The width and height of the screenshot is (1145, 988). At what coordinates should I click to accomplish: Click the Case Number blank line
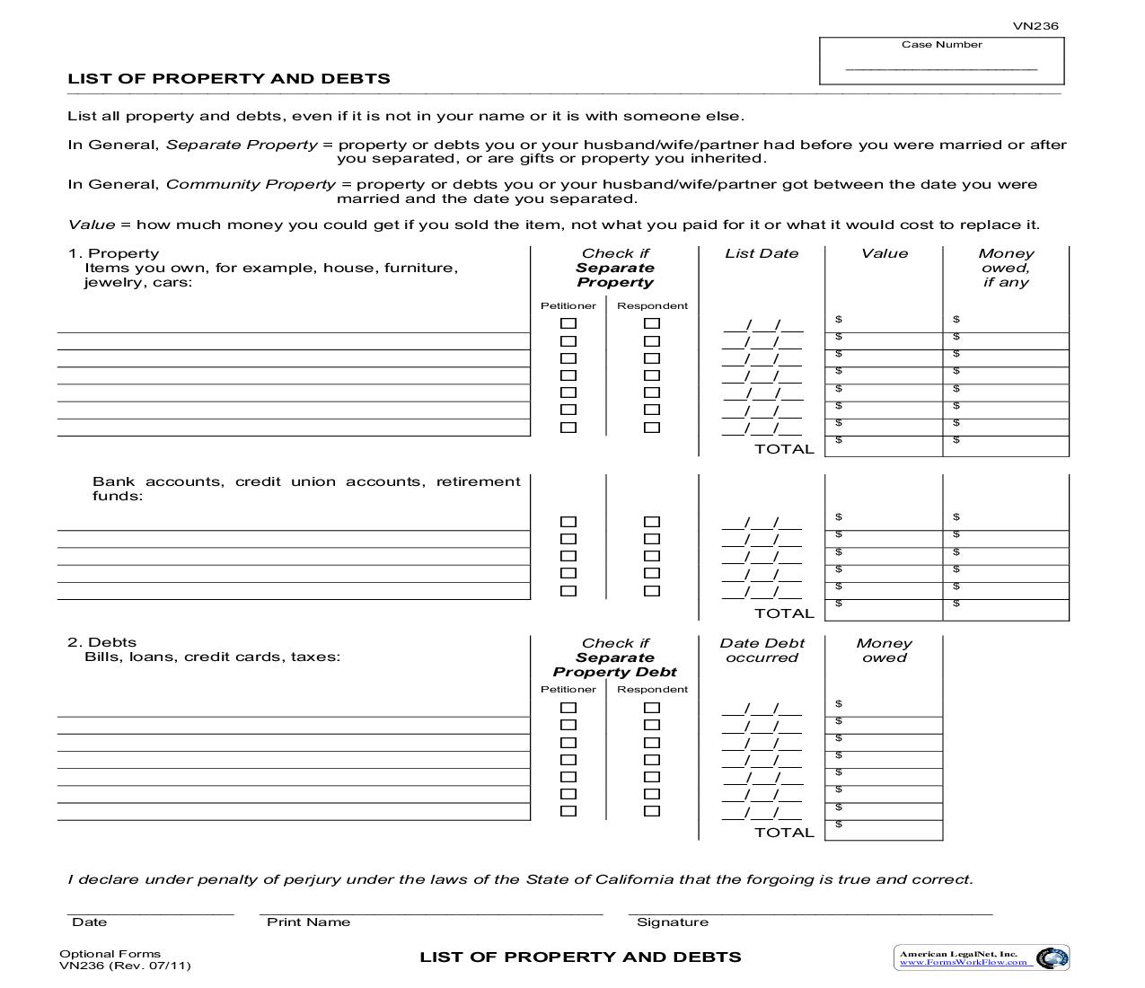tap(941, 67)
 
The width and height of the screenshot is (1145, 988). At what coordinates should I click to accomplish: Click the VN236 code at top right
tap(1035, 26)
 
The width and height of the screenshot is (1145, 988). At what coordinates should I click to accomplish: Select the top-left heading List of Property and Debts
tap(229, 78)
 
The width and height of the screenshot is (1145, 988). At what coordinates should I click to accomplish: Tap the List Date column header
tap(762, 253)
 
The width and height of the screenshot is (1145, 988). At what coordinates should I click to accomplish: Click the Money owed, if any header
tap(1005, 268)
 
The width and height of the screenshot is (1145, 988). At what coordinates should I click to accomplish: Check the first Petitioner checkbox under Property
tap(568, 323)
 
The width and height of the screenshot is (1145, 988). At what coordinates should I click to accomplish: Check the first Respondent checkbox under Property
tap(652, 323)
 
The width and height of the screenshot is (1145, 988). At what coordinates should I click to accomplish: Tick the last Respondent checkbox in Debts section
tap(652, 811)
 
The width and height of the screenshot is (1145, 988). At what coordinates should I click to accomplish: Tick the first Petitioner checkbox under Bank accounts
tap(568, 522)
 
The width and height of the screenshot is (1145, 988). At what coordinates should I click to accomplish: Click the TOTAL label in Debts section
tap(784, 833)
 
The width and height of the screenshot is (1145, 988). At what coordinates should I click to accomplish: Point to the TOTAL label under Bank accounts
tap(784, 613)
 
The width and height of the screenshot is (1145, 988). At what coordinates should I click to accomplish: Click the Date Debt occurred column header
tap(762, 650)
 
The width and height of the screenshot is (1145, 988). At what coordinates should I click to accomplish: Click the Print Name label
tap(308, 922)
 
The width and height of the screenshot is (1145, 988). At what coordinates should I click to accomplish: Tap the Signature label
tap(672, 922)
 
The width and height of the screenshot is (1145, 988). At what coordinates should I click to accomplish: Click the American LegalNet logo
tap(981, 957)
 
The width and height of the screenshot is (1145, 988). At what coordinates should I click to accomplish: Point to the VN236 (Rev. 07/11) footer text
tap(125, 966)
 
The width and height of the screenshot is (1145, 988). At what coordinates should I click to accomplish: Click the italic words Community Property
tap(251, 184)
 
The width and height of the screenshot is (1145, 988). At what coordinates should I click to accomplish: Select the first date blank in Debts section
tap(762, 709)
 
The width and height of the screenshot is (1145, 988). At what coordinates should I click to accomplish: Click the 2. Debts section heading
tap(101, 642)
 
